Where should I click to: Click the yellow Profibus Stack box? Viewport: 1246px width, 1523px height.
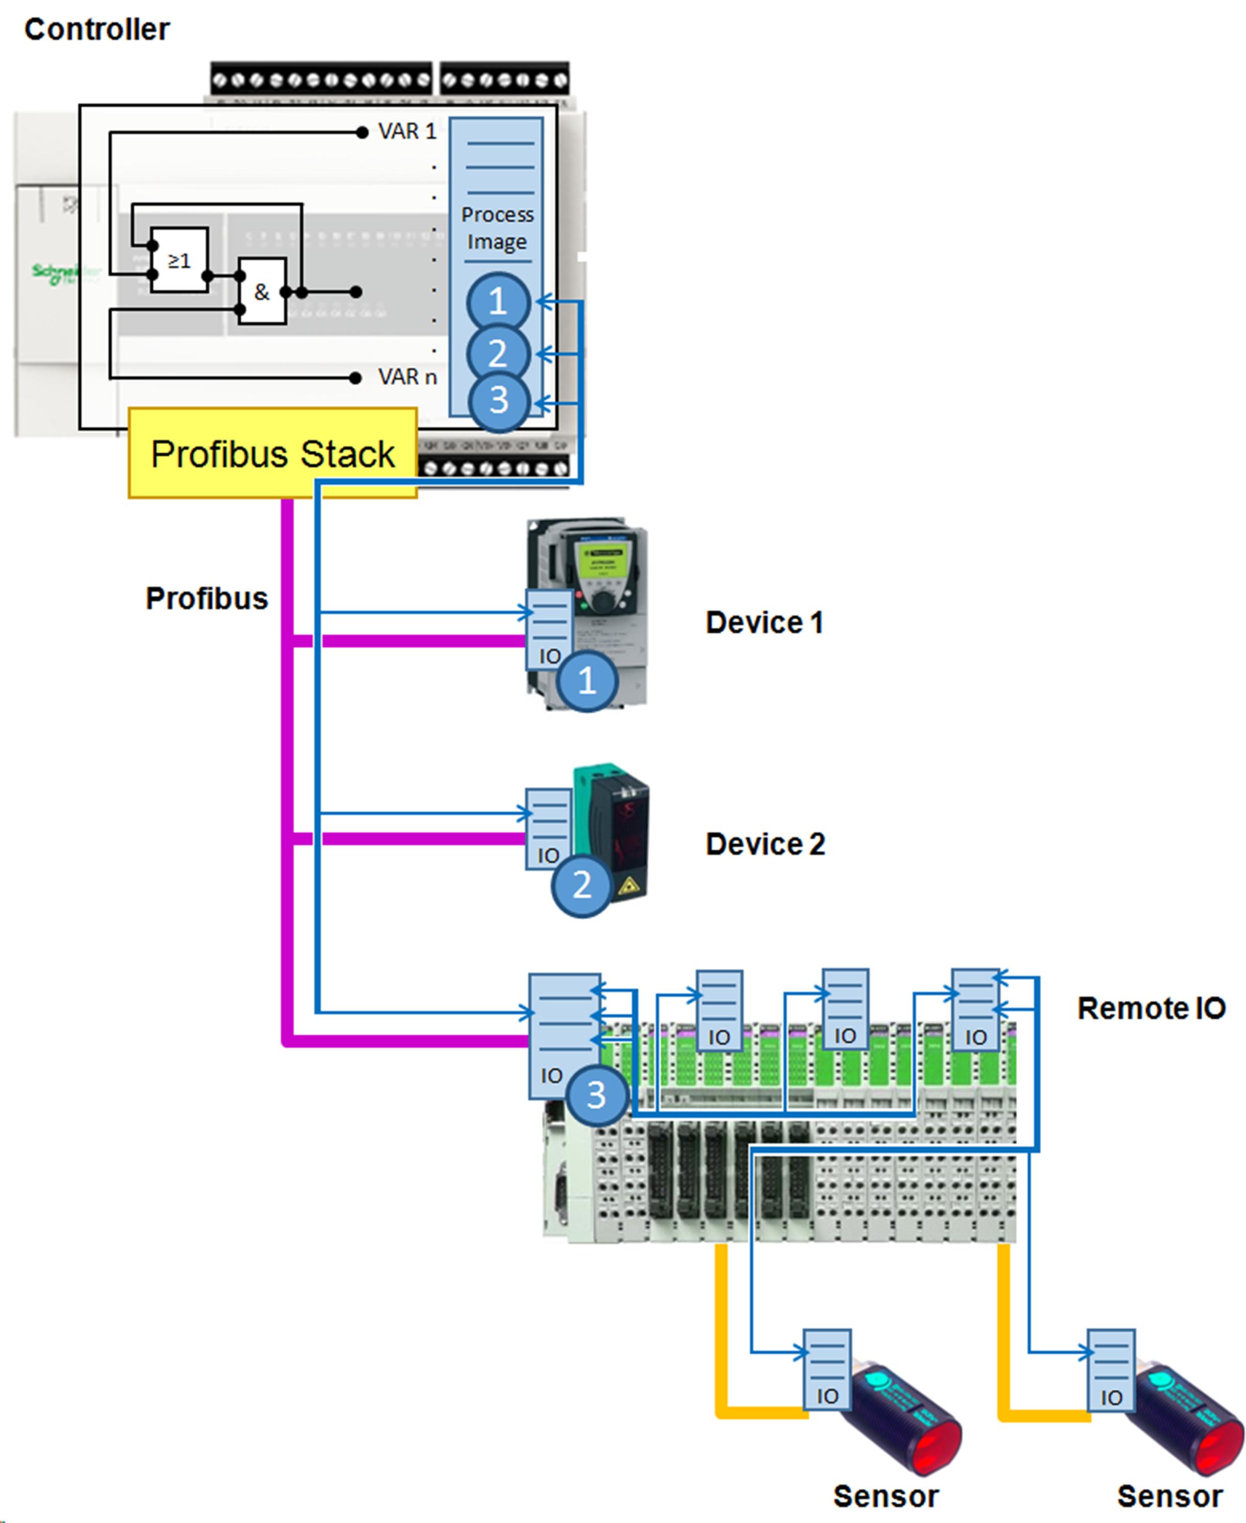[272, 453]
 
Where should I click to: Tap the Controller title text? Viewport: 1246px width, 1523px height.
[97, 30]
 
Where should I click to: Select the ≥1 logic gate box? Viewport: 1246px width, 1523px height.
[179, 260]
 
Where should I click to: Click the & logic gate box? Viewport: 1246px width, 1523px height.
[262, 291]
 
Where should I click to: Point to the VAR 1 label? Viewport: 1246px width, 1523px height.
[407, 131]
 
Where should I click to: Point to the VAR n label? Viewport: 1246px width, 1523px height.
[407, 377]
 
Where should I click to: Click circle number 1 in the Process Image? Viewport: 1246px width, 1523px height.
[498, 301]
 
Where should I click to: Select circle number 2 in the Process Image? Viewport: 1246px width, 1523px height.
[498, 353]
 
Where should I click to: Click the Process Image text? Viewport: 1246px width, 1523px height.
[497, 228]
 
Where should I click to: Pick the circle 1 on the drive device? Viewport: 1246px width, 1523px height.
[587, 680]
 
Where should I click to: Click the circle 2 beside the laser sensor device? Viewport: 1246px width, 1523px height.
[581, 885]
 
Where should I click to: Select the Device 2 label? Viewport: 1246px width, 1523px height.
[765, 844]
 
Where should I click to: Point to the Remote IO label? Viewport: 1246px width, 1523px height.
[1151, 1009]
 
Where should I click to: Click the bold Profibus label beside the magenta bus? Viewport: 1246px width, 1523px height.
[207, 598]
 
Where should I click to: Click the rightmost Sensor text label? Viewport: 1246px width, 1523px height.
[1169, 1496]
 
